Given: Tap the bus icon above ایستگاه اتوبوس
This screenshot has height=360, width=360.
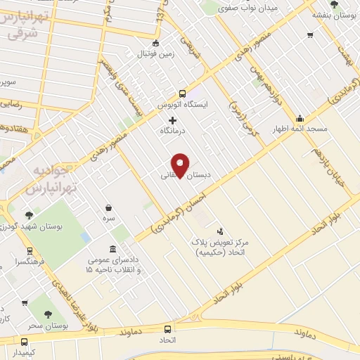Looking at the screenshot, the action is pyautogui.click(x=182, y=94).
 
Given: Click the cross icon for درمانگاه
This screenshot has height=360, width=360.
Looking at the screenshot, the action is pyautogui.click(x=173, y=120).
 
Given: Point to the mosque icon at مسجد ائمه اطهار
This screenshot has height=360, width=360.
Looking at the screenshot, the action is pyautogui.click(x=300, y=118).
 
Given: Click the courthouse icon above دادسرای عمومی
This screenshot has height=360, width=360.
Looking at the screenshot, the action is pyautogui.click(x=113, y=250).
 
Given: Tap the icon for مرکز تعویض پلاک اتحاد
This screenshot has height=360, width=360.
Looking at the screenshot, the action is pyautogui.click(x=220, y=231).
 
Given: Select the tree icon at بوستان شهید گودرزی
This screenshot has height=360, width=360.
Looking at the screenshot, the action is pyautogui.click(x=29, y=215).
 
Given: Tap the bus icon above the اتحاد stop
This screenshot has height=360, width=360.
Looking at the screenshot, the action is pyautogui.click(x=167, y=329).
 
